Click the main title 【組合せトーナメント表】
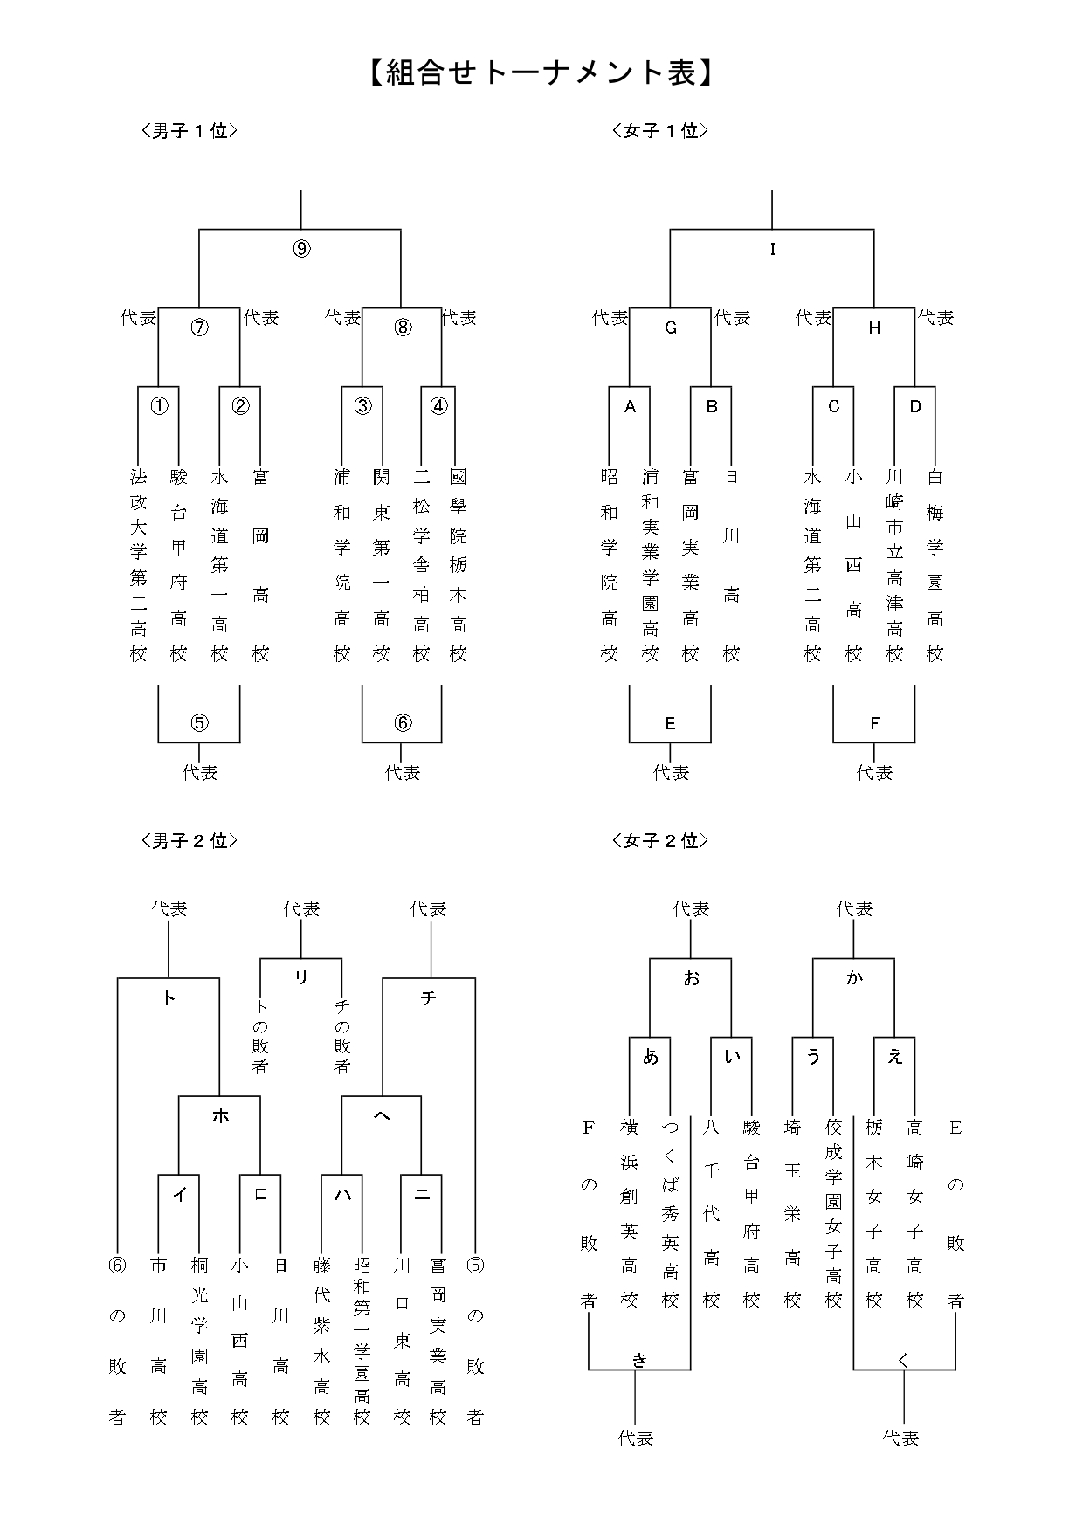(x=541, y=73)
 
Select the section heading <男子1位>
(x=190, y=131)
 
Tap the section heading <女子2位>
(x=660, y=841)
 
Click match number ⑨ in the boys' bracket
(x=300, y=249)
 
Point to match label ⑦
(x=200, y=328)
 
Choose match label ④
(x=438, y=406)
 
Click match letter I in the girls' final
(x=772, y=250)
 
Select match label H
(x=874, y=328)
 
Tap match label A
(x=630, y=406)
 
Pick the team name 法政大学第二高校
(x=139, y=564)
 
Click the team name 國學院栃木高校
(x=459, y=564)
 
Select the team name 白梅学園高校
(x=935, y=564)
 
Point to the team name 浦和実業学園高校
(x=650, y=564)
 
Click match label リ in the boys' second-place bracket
(x=301, y=977)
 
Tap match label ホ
(x=220, y=1115)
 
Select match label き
(x=639, y=1359)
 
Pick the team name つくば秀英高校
(x=670, y=1214)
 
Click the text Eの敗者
(x=955, y=1214)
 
